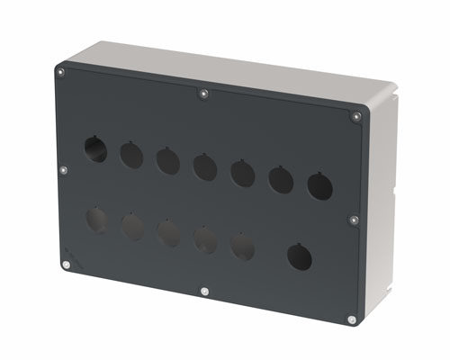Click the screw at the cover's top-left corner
coord(60,72)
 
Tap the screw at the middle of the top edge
coord(204,92)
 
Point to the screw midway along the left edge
coord(63,168)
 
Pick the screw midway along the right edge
coord(354,219)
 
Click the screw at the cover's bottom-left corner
coord(67,265)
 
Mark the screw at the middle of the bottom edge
coord(205,292)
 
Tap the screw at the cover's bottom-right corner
coord(351,319)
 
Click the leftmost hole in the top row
coord(95,148)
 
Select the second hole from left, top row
coord(131,156)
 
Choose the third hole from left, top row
coord(167,161)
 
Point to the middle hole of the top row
coord(204,166)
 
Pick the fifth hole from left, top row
coord(242,173)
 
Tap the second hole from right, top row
coord(281,179)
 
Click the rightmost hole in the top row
coord(320,186)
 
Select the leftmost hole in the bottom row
coord(96,220)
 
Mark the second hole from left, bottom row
coord(132,227)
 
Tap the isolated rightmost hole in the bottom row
coord(300,257)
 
